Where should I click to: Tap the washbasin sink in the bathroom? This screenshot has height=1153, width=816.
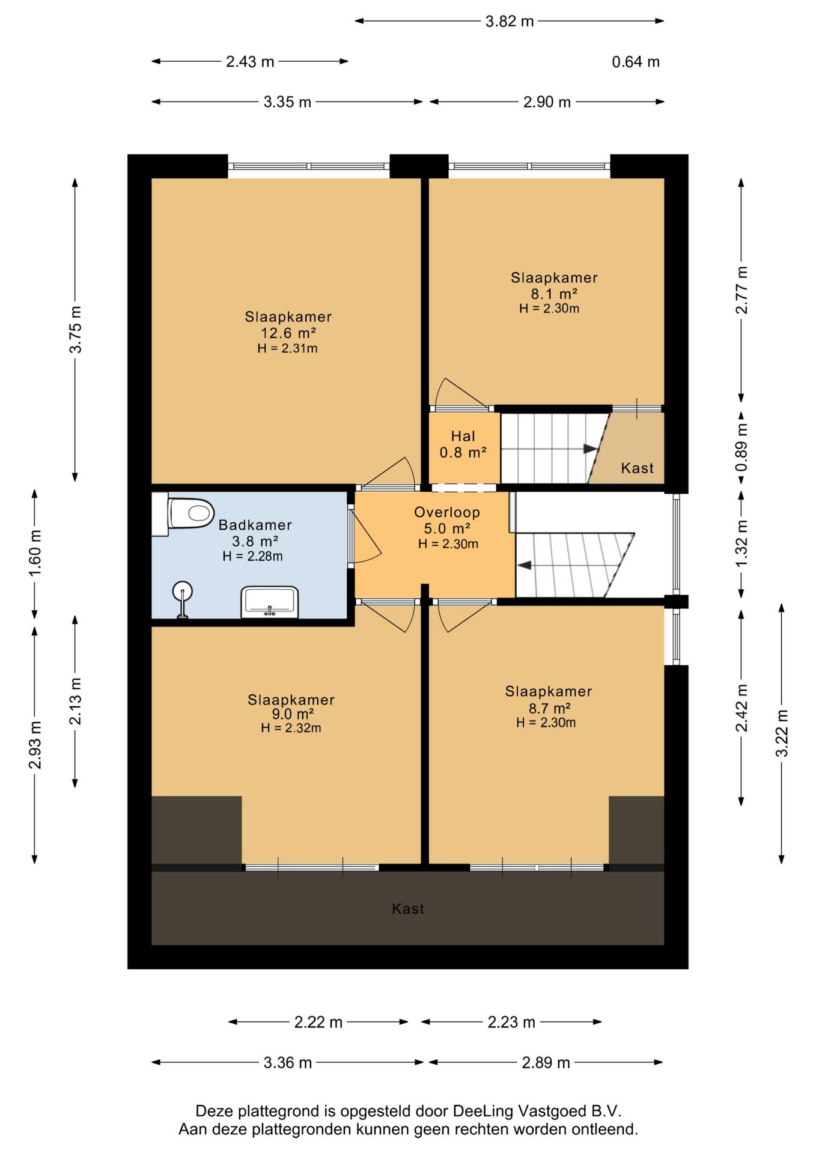pyautogui.click(x=270, y=602)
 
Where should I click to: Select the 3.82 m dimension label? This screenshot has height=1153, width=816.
pyautogui.click(x=510, y=22)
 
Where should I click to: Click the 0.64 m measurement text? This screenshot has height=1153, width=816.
pyautogui.click(x=636, y=62)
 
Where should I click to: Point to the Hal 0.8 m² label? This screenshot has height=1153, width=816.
pyautogui.click(x=463, y=444)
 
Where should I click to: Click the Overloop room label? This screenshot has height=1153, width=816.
pyautogui.click(x=447, y=512)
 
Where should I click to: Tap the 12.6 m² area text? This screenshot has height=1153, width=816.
pyautogui.click(x=288, y=333)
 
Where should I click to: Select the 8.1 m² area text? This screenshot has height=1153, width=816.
pyautogui.click(x=553, y=294)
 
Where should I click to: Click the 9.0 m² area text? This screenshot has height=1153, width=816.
pyautogui.click(x=292, y=714)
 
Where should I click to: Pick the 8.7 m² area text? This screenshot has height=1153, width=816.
pyautogui.click(x=549, y=708)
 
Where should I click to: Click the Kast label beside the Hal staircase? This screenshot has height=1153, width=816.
pyautogui.click(x=638, y=468)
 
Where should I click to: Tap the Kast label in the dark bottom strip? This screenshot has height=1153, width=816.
pyautogui.click(x=408, y=909)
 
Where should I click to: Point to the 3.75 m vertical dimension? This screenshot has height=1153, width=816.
pyautogui.click(x=76, y=330)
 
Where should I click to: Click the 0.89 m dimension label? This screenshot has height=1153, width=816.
pyautogui.click(x=742, y=447)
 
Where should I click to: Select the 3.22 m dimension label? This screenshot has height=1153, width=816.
pyautogui.click(x=782, y=733)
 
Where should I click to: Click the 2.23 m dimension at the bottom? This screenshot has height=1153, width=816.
pyautogui.click(x=511, y=1021)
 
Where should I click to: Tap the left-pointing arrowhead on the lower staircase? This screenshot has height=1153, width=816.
pyautogui.click(x=523, y=565)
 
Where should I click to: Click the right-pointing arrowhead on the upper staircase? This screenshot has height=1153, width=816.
pyautogui.click(x=590, y=449)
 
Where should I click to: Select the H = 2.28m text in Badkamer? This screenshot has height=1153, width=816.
pyautogui.click(x=252, y=556)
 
